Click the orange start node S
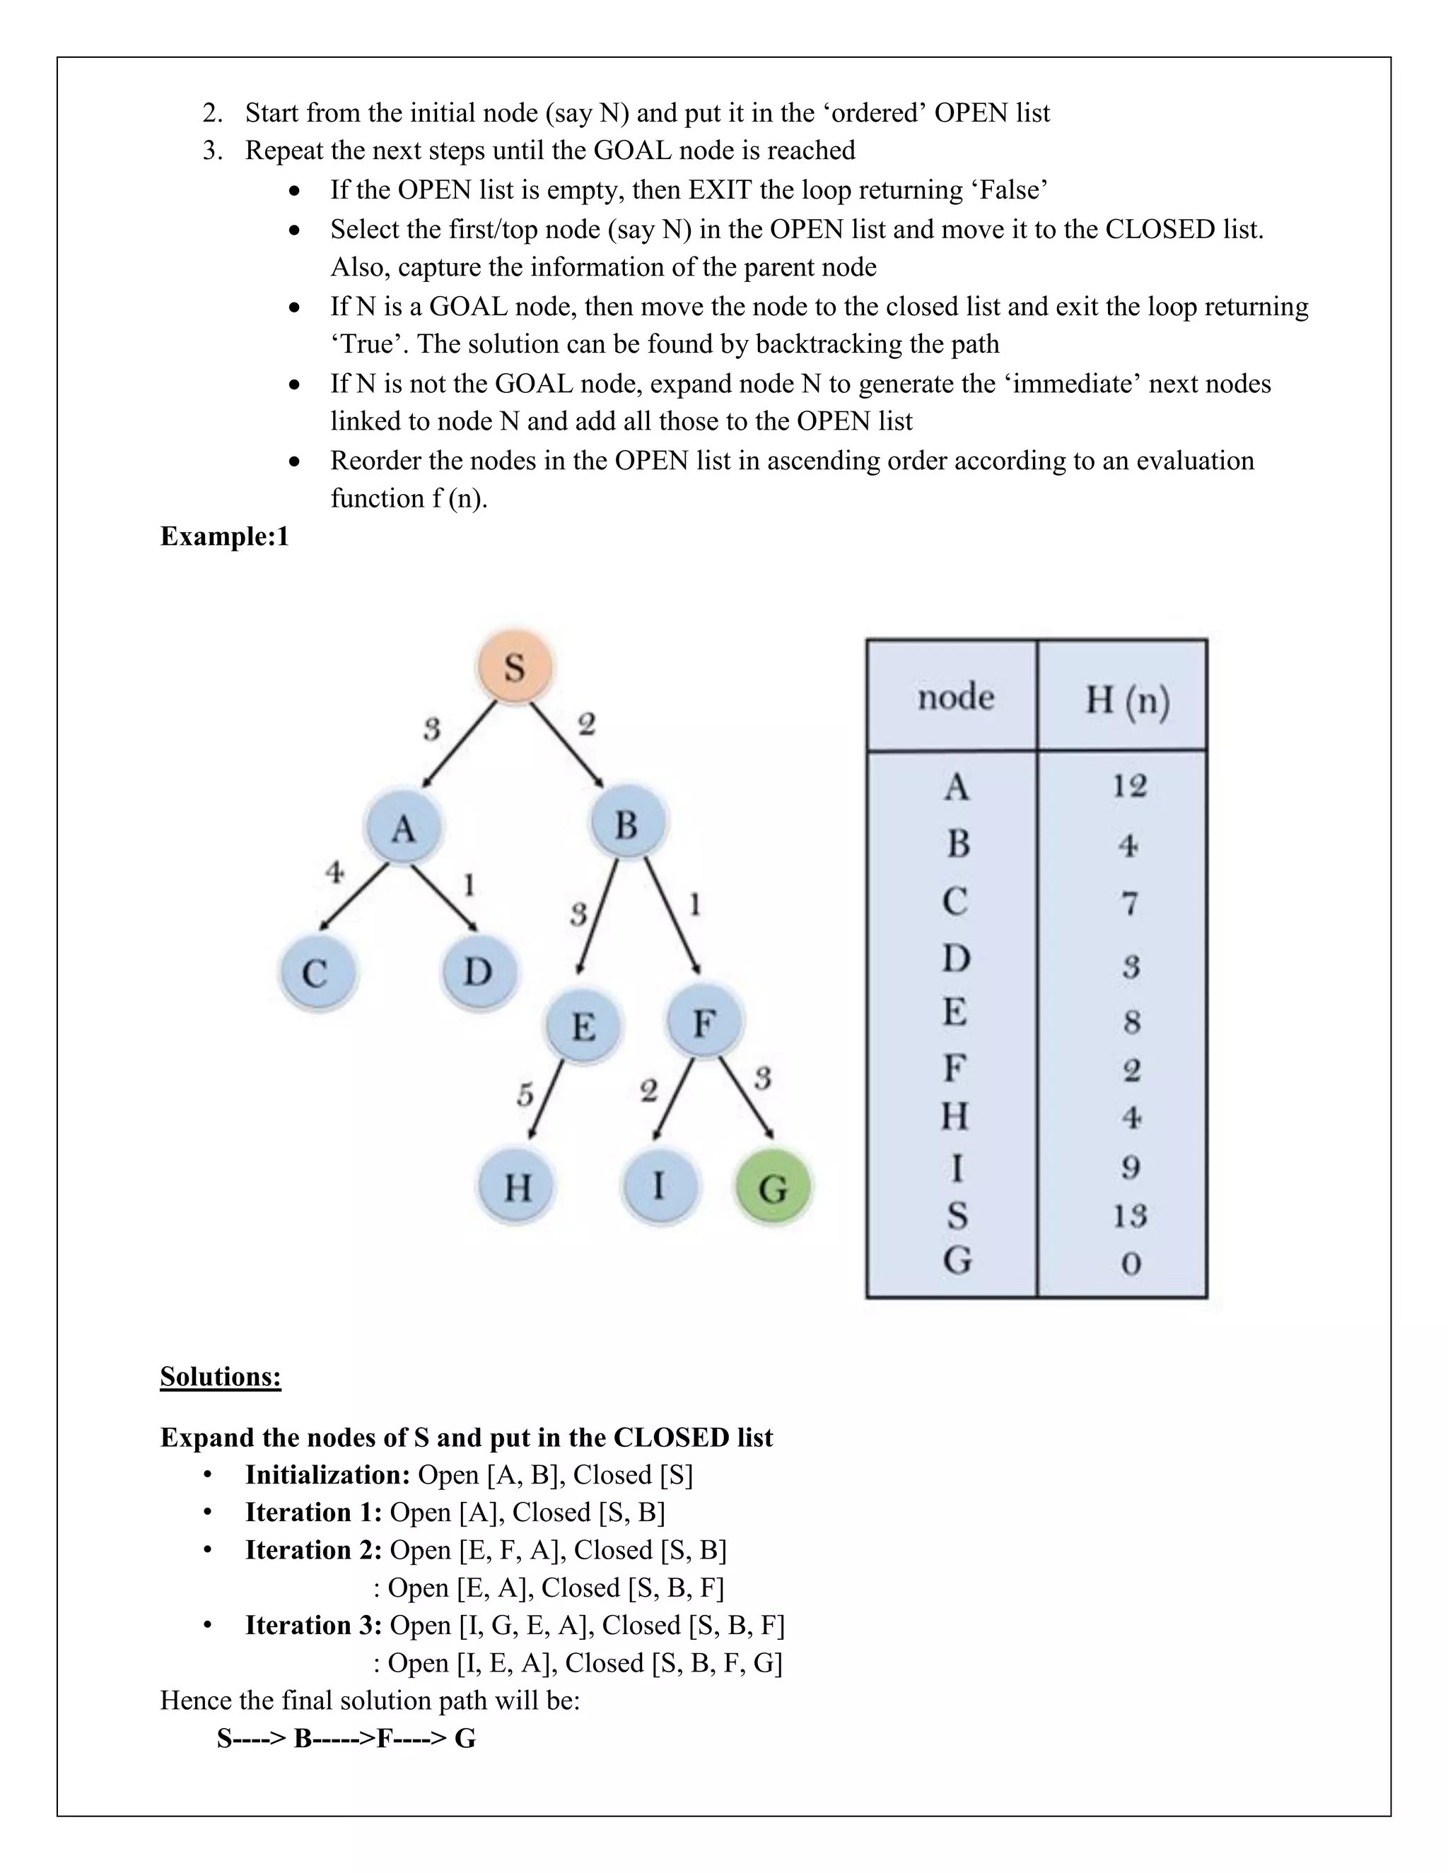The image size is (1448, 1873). tap(515, 667)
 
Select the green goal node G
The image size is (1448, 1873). tap(773, 1188)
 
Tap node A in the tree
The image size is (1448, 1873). tap(403, 828)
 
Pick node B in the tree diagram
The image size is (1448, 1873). tap(627, 824)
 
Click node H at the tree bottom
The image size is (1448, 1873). tap(518, 1188)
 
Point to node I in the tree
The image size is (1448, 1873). tap(658, 1186)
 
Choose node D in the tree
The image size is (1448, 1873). tap(478, 972)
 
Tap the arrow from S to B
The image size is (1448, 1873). tap(566, 744)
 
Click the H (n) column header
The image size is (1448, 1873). tap(1127, 700)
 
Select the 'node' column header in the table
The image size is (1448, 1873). tap(956, 696)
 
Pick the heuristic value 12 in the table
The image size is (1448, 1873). tap(1130, 785)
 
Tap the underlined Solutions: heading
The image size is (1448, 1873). tap(221, 1376)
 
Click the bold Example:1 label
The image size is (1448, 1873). tap(225, 537)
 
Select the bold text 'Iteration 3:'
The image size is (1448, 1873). tap(313, 1625)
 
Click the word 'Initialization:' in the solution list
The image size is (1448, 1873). tap(327, 1474)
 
